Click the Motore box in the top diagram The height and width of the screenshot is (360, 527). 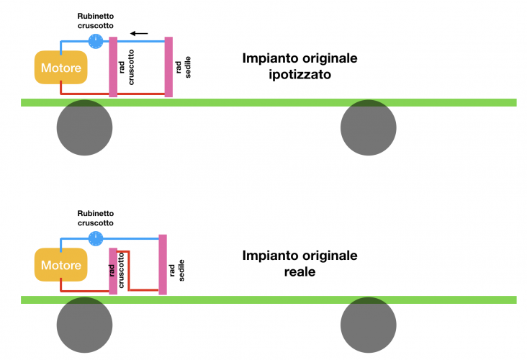[x=61, y=68]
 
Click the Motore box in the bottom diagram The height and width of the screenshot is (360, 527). [x=61, y=266]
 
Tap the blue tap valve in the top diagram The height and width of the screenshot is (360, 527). [x=96, y=41]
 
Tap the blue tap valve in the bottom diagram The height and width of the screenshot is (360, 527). [x=95, y=238]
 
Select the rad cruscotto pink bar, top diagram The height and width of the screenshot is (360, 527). [x=113, y=67]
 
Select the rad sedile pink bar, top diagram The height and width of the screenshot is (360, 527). [x=168, y=67]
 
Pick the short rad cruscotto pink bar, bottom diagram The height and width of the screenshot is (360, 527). [x=112, y=271]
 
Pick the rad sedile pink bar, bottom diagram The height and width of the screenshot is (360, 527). [x=163, y=264]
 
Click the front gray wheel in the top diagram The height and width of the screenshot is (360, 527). [x=85, y=127]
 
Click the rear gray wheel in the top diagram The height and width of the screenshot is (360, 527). [x=368, y=127]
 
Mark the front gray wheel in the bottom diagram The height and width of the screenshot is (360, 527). [x=85, y=325]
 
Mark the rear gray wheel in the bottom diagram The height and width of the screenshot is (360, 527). [x=368, y=325]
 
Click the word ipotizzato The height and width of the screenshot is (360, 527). [x=299, y=74]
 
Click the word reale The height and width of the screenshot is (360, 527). [x=299, y=272]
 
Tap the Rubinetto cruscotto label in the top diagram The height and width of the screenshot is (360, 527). [x=96, y=20]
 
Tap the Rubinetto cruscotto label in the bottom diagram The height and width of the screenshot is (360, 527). [x=95, y=217]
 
